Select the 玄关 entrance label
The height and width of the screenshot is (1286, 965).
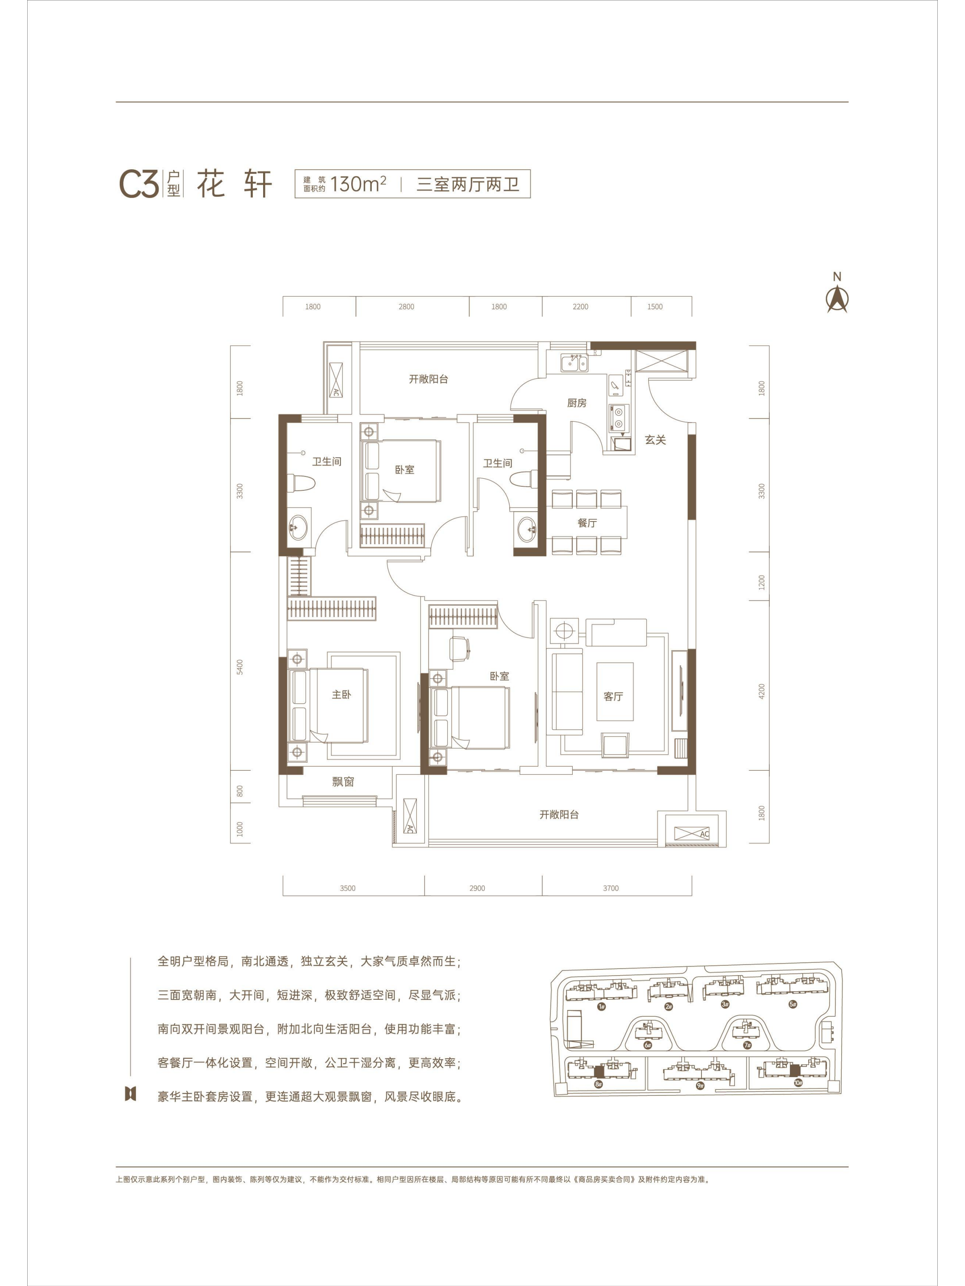[x=655, y=440]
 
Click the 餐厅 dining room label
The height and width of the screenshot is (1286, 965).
[x=587, y=522]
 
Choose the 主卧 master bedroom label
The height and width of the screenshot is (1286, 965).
[x=341, y=694]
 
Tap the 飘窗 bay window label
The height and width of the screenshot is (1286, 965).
[x=343, y=781]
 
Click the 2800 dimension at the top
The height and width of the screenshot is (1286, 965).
[x=406, y=306]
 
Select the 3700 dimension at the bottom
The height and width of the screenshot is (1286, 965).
[x=611, y=888]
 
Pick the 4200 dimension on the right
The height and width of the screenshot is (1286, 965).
[x=762, y=691]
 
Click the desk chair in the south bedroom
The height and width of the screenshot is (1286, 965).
[x=460, y=649]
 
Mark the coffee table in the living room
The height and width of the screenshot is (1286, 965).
[x=615, y=691]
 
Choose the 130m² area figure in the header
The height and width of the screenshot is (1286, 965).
[x=358, y=184]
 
